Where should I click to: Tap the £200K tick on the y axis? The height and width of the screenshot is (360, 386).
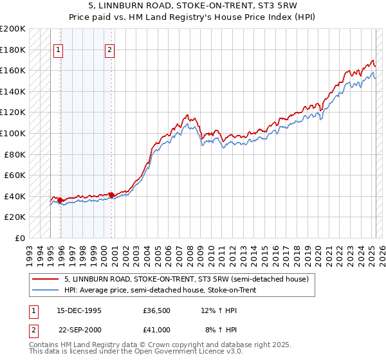14,29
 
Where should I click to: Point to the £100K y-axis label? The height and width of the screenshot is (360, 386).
14,133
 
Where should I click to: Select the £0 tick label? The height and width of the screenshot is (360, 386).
21,238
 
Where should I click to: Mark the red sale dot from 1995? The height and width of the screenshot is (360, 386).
60,200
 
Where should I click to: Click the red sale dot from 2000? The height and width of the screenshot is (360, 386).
111,195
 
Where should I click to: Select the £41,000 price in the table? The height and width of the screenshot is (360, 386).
156,329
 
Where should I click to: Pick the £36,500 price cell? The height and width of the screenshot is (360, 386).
156,311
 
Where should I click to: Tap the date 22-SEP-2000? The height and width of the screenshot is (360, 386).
79,329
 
